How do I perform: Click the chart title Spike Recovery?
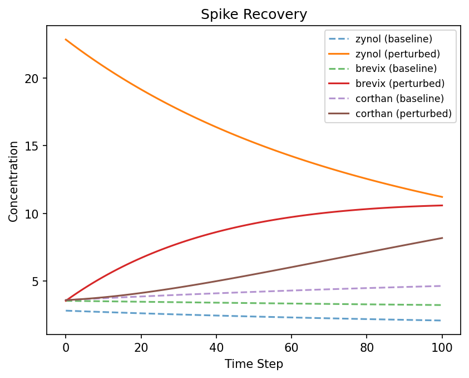[x=254, y=14]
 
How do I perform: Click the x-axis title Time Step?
[x=254, y=364]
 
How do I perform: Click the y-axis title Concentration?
[x=13, y=181]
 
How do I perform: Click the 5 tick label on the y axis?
[x=36, y=282]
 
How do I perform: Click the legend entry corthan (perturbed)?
[x=403, y=114]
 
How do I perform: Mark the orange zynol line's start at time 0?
[x=66, y=40]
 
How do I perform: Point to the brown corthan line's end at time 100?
[x=442, y=238]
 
